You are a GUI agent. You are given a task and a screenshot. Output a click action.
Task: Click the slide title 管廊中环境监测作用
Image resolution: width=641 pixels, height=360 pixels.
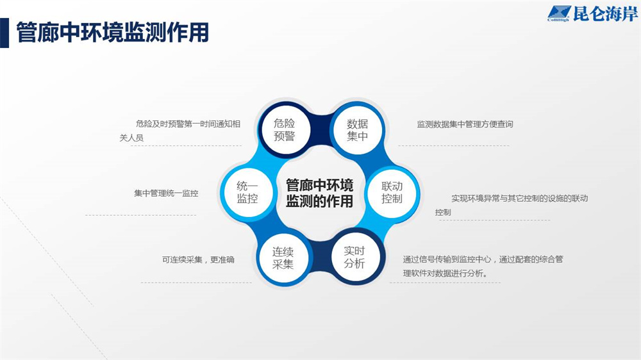[x=112, y=33]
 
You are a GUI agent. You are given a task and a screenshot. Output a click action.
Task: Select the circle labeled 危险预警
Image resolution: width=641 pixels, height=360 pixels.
[x=285, y=130]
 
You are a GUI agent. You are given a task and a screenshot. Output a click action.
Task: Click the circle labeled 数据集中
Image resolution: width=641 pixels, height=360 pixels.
[x=357, y=130]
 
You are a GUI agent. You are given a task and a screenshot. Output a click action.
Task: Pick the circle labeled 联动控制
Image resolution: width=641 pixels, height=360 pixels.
[x=392, y=193]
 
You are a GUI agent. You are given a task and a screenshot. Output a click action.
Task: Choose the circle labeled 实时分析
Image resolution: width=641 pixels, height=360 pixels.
[x=354, y=257]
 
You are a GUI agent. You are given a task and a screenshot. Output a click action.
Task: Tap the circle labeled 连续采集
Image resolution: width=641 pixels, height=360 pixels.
[x=283, y=258]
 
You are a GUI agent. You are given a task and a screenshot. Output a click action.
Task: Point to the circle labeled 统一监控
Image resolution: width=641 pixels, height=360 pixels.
[x=247, y=192]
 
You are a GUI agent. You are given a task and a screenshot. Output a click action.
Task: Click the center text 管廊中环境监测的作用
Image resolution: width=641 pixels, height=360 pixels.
[x=319, y=193]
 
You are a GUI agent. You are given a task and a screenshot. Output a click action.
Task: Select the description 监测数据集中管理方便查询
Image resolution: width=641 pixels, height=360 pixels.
[x=465, y=124]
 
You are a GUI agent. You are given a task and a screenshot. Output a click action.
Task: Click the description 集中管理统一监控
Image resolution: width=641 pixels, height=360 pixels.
[x=166, y=193]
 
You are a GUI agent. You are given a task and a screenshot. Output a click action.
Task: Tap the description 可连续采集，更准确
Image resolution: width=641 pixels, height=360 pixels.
[x=198, y=259]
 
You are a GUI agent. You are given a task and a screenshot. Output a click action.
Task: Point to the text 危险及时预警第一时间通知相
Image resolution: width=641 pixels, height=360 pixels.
[x=188, y=124]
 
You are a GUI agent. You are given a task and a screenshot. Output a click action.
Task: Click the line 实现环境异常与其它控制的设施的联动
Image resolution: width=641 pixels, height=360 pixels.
[x=519, y=198]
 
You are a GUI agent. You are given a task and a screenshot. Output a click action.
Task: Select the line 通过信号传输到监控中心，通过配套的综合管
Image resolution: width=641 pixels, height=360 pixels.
[x=483, y=259]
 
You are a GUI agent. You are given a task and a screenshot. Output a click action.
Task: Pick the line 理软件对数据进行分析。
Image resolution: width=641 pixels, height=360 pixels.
[x=445, y=274]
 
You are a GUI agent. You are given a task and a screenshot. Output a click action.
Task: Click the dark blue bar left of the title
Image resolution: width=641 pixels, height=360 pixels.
[x=4, y=33]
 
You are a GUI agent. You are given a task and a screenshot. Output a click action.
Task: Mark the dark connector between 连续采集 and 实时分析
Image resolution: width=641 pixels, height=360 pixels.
[x=319, y=258]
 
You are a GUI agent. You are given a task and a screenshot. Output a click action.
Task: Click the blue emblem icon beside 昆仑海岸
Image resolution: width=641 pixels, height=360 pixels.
[x=559, y=13]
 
